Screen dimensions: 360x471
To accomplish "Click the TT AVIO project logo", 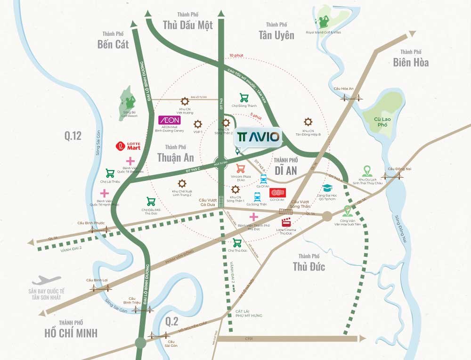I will [x=259, y=137].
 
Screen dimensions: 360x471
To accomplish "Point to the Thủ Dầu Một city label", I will [x=187, y=25].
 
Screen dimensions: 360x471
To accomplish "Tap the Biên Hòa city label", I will [x=411, y=62].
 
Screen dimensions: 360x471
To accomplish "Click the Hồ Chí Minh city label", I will [x=71, y=333].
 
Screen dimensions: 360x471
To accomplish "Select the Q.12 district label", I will [x=73, y=136].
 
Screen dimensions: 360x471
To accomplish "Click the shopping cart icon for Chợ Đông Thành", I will [x=244, y=98].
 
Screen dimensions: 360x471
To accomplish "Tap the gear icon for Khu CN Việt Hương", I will [x=185, y=100].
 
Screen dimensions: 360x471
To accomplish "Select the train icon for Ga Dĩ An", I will [x=263, y=179].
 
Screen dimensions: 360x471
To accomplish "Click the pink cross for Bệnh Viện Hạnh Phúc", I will [x=104, y=193].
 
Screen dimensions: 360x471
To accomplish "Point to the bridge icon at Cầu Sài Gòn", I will [x=158, y=335].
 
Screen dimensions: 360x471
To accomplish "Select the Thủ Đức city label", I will [x=309, y=267].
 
